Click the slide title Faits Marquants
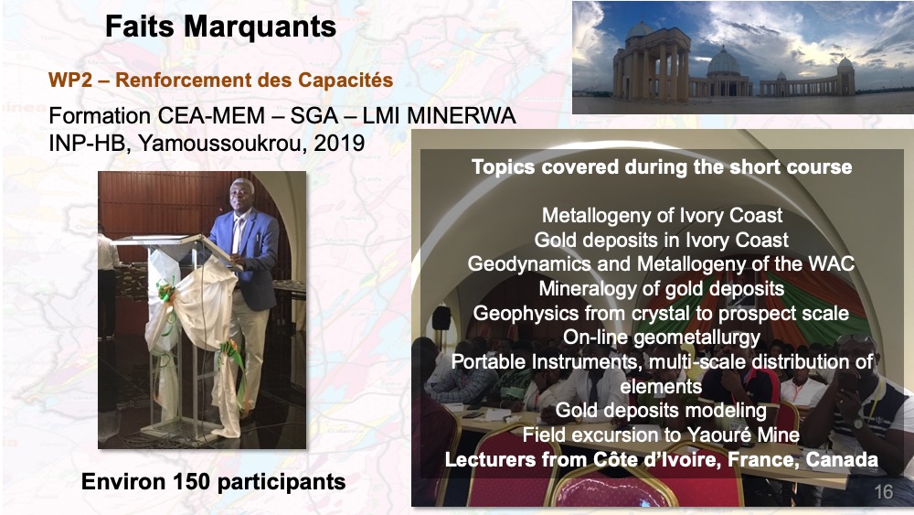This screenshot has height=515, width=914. point(220,27)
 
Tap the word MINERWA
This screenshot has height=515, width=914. point(461,115)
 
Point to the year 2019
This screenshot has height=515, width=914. point(339,143)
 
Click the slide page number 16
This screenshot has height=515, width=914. point(884,492)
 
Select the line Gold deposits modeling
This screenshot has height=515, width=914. point(661,411)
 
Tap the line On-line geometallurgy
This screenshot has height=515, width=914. point(661,338)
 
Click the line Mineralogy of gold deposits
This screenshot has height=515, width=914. point(661,288)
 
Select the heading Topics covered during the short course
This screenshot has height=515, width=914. point(662,166)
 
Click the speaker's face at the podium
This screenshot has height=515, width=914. point(241,196)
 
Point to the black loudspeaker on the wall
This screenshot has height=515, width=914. point(441,317)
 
